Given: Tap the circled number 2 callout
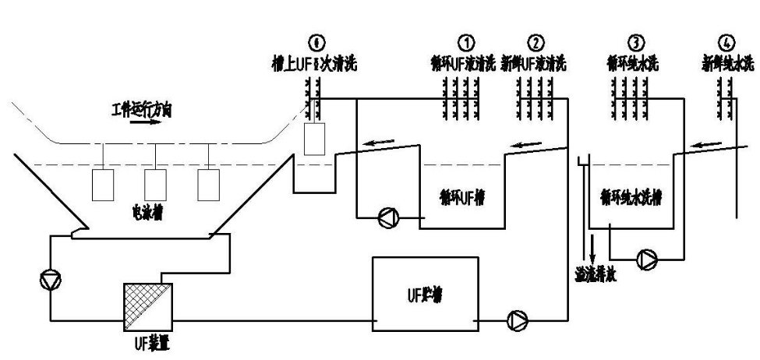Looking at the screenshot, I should tap(537, 41).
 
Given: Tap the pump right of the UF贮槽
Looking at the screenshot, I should tap(518, 319).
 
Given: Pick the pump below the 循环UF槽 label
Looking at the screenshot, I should tap(387, 219).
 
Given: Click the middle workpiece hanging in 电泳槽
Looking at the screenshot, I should tap(156, 184).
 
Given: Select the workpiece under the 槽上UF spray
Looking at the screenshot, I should tap(313, 140).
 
